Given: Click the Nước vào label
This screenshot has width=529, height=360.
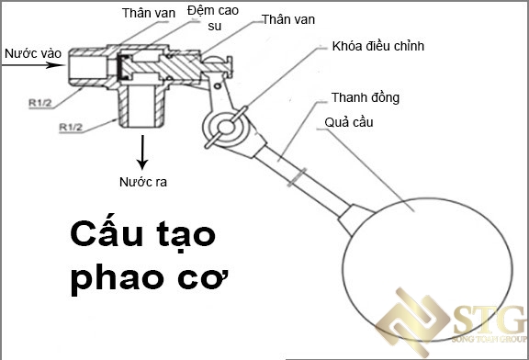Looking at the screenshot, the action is (x=32, y=52).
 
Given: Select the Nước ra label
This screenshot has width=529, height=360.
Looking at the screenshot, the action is (x=142, y=180).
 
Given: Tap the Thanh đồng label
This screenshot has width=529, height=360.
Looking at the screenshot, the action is (x=366, y=97).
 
